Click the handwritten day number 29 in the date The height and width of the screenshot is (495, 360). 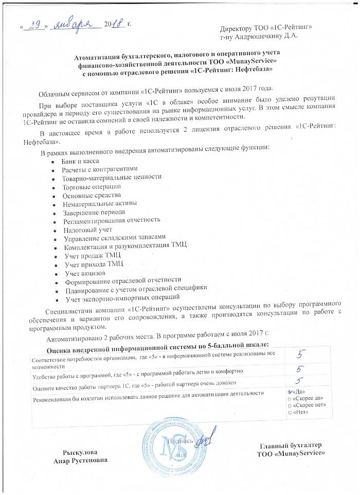(x=34, y=24)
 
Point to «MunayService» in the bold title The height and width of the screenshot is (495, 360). (x=241, y=60)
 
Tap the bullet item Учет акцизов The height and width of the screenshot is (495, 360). (x=85, y=272)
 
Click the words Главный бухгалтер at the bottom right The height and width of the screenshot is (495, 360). (x=292, y=444)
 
